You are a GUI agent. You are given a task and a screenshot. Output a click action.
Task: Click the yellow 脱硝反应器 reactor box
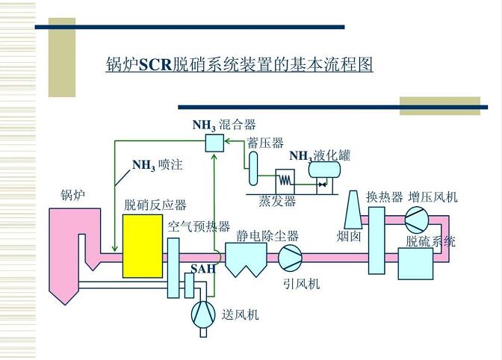[143, 246]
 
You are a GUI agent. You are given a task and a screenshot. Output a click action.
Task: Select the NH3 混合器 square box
[214, 143]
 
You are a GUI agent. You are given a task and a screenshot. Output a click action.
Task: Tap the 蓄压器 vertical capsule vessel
[253, 168]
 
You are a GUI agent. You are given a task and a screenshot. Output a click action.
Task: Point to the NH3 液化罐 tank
[324, 170]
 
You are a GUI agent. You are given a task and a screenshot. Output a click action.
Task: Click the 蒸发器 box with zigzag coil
[285, 181]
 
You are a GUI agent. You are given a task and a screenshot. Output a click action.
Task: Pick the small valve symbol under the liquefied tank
[322, 184]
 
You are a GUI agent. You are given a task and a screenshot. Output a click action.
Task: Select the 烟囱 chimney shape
[353, 210]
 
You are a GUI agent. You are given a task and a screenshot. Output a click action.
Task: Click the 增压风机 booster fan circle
[417, 220]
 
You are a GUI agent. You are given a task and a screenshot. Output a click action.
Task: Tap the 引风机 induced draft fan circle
[290, 257]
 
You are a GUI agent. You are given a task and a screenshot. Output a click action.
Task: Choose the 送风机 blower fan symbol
[203, 314]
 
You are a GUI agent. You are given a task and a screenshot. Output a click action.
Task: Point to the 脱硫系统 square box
[415, 264]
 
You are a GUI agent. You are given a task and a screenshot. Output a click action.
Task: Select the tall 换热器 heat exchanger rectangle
[376, 240]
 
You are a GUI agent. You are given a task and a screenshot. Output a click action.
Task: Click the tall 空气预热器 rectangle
[173, 268]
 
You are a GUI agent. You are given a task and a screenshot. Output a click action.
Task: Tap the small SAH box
[189, 285]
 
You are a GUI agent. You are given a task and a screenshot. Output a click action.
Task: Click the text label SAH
[203, 268]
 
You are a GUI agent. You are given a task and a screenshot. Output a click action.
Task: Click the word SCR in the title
[156, 65]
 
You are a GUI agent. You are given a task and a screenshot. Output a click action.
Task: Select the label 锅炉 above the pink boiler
[73, 194]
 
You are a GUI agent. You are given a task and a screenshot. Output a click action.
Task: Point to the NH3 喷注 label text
[158, 165]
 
